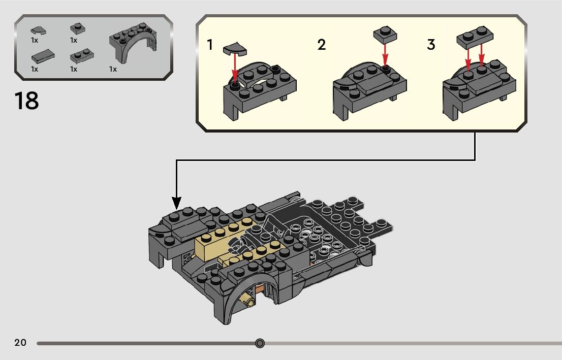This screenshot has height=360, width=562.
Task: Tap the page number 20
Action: (x=20, y=343)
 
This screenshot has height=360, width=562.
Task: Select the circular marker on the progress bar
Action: (x=260, y=343)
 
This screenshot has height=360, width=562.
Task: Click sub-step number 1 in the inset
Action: (x=210, y=45)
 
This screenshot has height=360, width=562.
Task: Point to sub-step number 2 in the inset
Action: (x=321, y=45)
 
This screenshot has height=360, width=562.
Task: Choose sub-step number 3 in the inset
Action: (x=431, y=45)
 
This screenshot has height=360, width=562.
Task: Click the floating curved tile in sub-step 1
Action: (x=235, y=49)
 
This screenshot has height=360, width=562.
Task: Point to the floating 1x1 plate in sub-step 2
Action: (x=385, y=35)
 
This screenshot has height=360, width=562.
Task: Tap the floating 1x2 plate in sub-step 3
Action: (x=475, y=36)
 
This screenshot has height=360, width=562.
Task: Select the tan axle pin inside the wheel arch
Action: (x=249, y=301)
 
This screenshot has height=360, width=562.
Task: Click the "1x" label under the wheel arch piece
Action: (x=113, y=69)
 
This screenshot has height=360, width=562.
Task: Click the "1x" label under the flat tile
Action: (x=35, y=69)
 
